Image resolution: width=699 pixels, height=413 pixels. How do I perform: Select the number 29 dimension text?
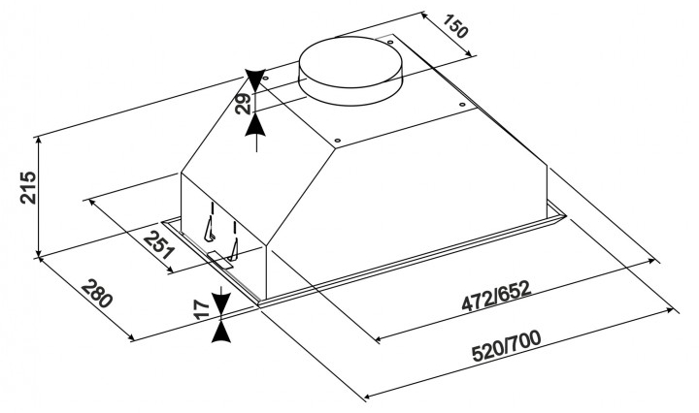click(244, 104)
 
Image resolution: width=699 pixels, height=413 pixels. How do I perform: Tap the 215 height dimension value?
click(28, 187)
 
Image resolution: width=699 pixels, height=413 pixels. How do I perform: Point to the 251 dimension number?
click(158, 244)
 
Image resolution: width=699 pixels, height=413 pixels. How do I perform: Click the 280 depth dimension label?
click(96, 294)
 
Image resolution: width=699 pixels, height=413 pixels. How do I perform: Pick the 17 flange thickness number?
click(203, 309)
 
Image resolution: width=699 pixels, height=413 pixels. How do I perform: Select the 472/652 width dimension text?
click(496, 296)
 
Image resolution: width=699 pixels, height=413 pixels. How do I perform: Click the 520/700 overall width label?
click(507, 346)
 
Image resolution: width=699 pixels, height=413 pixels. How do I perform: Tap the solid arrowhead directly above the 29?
click(255, 80)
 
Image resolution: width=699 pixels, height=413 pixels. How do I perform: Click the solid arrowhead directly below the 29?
click(255, 124)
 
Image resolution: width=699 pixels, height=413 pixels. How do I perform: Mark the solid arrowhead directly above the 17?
click(221, 304)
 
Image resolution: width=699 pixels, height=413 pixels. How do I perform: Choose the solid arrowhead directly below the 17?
click(221, 332)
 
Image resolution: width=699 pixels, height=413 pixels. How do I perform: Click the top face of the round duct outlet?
click(351, 62)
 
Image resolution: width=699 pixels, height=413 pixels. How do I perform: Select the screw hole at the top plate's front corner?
click(337, 141)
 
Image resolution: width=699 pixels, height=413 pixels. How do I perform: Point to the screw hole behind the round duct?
click(390, 42)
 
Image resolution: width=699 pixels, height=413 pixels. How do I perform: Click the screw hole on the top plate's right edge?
click(462, 105)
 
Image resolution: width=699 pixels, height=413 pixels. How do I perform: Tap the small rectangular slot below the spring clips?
click(219, 260)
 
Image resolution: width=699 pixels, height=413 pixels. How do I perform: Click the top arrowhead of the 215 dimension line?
click(40, 142)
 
